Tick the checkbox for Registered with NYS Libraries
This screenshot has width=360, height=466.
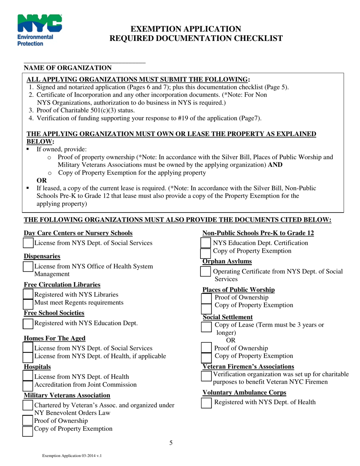28,294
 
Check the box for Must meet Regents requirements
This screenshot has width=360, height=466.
28,303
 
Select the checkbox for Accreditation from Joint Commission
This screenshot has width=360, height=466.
28,385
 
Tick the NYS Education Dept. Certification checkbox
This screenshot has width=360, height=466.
205,243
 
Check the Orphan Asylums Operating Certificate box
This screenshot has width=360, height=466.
205,272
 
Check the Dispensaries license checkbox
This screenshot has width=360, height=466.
28,267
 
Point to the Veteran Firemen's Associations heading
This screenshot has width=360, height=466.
248,366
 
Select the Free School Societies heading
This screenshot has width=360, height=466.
54,313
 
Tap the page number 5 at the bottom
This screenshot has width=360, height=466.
171,443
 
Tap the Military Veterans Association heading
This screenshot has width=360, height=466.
67,396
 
